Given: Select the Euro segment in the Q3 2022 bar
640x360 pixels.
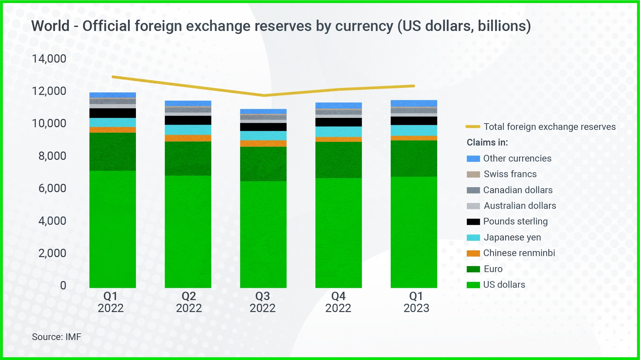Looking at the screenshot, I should coord(263,164).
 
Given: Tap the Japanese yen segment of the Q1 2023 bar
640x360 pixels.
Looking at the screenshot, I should coord(414,130).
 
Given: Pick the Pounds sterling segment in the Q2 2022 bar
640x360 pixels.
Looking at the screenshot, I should coord(188,120).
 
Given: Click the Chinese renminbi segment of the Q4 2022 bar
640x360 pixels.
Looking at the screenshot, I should coord(338,140).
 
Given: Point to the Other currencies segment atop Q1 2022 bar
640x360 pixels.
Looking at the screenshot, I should coord(113,95).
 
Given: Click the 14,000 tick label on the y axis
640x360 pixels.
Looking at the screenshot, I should coord(49,59).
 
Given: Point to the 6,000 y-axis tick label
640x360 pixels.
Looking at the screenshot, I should coord(52,188).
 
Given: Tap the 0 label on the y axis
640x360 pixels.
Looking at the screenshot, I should coord(63,285).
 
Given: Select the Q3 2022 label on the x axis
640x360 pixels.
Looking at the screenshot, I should coord(263,302).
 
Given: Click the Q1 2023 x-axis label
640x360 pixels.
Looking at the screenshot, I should coord(416,302).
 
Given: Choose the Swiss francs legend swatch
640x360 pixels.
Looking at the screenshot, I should coord(473,175).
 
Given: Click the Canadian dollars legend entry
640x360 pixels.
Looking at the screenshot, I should coord(518,190).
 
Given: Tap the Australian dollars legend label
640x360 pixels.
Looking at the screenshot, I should coord(520,206).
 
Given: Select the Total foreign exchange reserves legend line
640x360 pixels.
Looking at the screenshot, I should coord(473,127).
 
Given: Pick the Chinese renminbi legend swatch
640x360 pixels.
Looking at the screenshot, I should coord(473,253).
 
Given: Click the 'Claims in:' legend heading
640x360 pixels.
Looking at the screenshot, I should coord(487,143).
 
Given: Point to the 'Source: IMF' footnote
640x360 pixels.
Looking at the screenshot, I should coord(56,337).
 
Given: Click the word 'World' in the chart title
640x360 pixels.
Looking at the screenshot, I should coord(50,26).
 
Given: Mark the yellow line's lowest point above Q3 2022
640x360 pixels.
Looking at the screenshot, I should coord(264,96).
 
